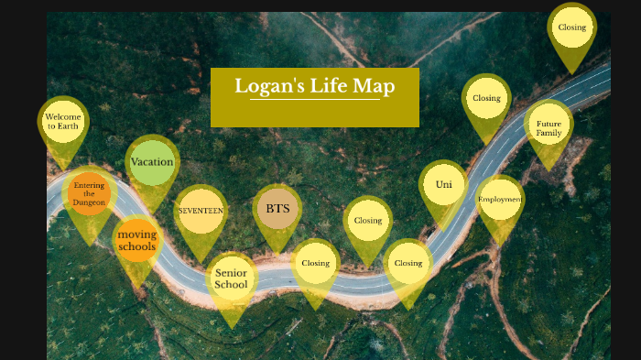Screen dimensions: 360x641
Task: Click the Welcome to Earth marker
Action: point(63,122)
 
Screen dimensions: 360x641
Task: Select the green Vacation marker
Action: point(152,162)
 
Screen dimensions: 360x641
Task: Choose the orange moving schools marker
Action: point(137,240)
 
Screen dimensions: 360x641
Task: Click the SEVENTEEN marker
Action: point(201,210)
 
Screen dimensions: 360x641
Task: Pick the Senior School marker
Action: point(231,278)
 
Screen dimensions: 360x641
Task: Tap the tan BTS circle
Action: point(277,208)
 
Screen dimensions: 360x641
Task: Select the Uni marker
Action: point(444,184)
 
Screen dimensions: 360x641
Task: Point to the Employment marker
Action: point(500,199)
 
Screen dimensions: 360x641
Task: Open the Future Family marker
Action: point(549,128)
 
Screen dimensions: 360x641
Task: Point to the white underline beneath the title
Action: point(314,100)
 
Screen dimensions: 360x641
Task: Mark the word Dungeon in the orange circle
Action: point(90,202)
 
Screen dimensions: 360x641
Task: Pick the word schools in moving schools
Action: point(137,247)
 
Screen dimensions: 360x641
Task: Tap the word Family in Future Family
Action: point(549,134)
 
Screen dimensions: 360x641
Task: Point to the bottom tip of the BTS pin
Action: point(277,254)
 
